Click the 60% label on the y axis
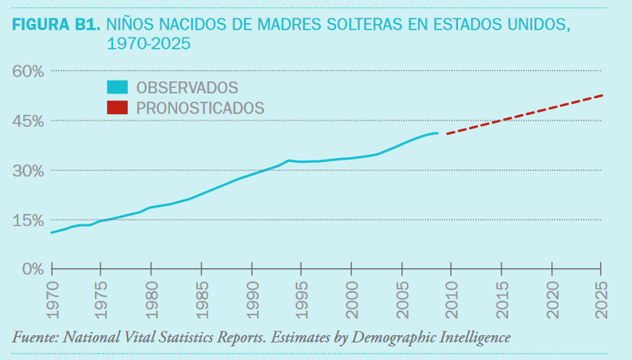pyautogui.click(x=27, y=71)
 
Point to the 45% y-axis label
pyautogui.click(x=27, y=121)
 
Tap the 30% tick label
pyautogui.click(x=27, y=170)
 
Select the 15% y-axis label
pyautogui.click(x=27, y=220)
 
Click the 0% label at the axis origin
pyautogui.click(x=32, y=269)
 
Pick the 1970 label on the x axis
pyautogui.click(x=53, y=295)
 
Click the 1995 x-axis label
pyautogui.click(x=302, y=295)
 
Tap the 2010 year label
pyautogui.click(x=451, y=295)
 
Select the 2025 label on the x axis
pyautogui.click(x=601, y=295)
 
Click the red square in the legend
pyautogui.click(x=118, y=106)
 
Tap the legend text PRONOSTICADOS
pyautogui.click(x=200, y=106)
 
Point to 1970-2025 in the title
pyautogui.click(x=148, y=45)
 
